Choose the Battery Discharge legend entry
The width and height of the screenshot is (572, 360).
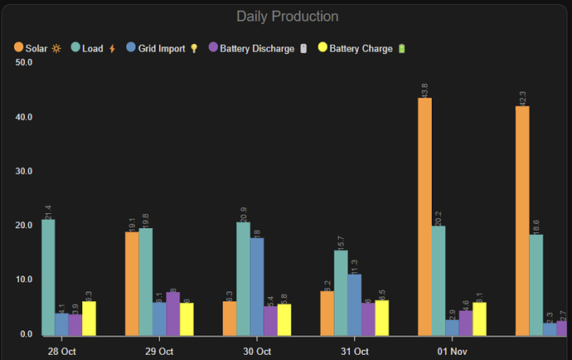[x=250, y=49]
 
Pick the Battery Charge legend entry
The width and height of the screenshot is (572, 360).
[x=361, y=49]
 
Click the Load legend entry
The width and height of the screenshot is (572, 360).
[x=92, y=49]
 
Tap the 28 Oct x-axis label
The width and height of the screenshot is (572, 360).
[x=62, y=352]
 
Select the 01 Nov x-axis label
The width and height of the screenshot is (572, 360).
[x=453, y=352]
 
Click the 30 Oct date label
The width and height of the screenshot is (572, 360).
[x=258, y=352]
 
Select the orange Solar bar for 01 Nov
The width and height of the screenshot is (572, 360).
[x=424, y=216]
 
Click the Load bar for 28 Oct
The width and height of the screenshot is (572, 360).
[x=48, y=277]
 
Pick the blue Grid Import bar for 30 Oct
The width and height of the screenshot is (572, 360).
[x=257, y=286]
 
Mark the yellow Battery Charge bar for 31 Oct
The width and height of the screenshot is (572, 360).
[x=381, y=318]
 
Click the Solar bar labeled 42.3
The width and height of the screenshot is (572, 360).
[x=522, y=221]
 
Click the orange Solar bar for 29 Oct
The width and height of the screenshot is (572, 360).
[x=132, y=284]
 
